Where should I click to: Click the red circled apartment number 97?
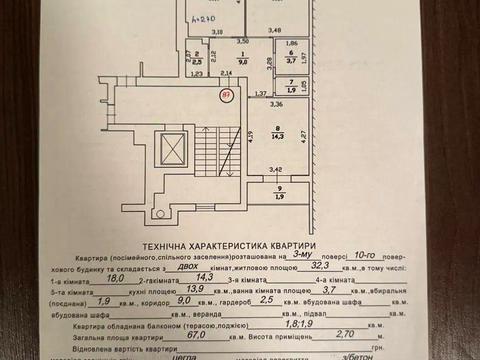point(227,94)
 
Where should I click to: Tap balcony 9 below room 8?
point(281,192)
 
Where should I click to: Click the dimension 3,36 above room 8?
point(276,103)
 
